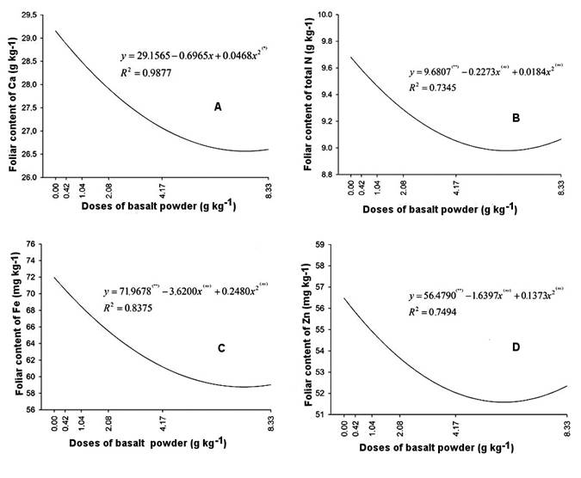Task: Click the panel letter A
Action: [x=218, y=107]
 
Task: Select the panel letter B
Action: [x=515, y=117]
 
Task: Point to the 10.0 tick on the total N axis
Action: [x=326, y=15]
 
